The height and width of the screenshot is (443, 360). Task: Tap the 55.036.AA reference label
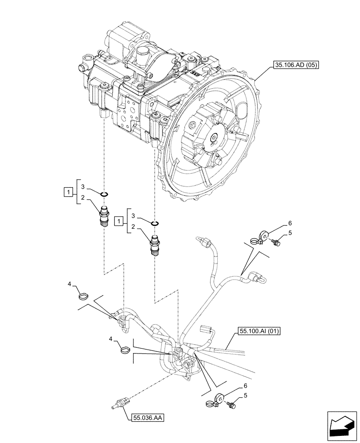tap(148, 417)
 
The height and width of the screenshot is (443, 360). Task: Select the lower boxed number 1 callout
tap(118, 220)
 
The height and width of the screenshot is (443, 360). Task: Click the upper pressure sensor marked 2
tap(104, 215)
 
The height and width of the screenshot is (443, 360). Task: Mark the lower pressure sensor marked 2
tap(155, 246)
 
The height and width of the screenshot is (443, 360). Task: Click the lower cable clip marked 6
tap(216, 400)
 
